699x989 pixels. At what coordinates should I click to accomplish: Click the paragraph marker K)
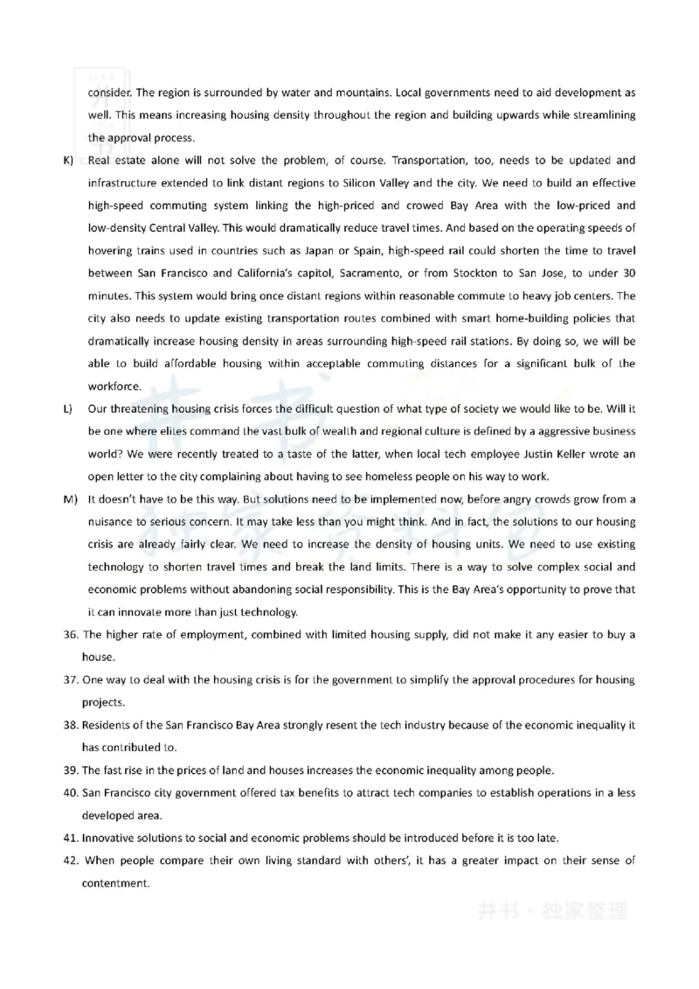[x=67, y=161]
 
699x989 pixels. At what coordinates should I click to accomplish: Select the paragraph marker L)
[x=67, y=408]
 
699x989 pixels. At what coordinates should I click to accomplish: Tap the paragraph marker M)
[x=69, y=499]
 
